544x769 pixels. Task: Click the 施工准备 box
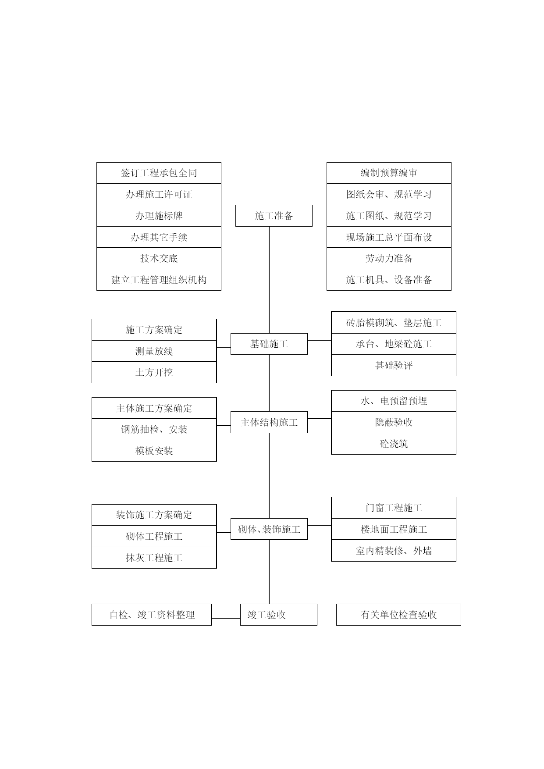[x=274, y=216]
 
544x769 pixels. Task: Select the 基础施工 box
[x=269, y=344]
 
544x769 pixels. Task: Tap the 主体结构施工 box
[x=269, y=422]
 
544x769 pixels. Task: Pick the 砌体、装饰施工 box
[x=269, y=529]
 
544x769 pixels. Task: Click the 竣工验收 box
[x=279, y=615]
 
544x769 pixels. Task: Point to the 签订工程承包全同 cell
[x=159, y=173]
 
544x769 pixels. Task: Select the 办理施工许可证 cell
[x=159, y=194]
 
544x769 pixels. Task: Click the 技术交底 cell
[x=159, y=258]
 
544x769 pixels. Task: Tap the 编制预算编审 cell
[x=389, y=173]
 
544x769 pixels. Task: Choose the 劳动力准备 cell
[x=389, y=258]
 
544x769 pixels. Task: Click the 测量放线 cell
[x=154, y=351]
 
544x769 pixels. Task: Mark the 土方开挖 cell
[x=154, y=373]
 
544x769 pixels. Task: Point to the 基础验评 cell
[x=394, y=365]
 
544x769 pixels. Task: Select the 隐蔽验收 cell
[x=394, y=422]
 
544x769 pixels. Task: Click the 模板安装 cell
[x=154, y=451]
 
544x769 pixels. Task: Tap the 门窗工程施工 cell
[x=394, y=508]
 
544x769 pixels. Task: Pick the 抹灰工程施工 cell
[x=154, y=558]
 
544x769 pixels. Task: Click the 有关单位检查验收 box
[x=398, y=615]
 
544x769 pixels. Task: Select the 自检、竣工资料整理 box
[x=152, y=615]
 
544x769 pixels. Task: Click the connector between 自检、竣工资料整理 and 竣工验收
[x=226, y=618]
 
